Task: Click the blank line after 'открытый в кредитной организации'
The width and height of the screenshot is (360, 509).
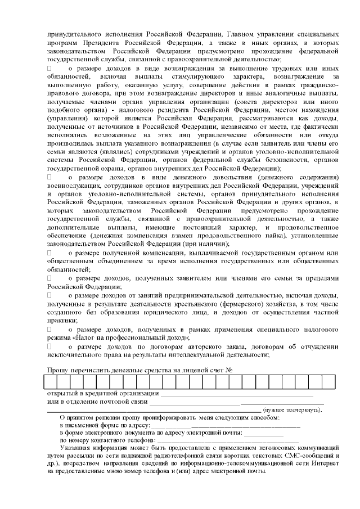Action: [x=236, y=393]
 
